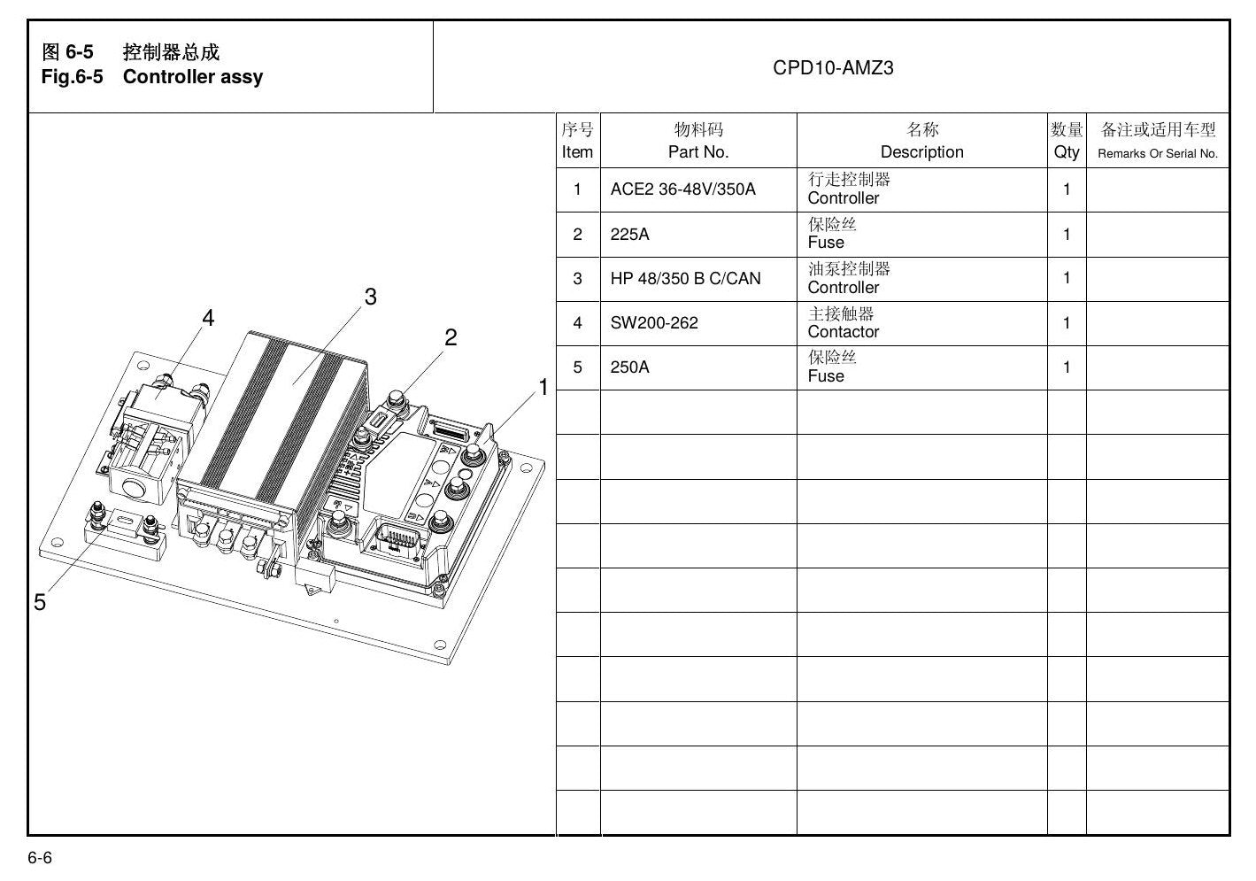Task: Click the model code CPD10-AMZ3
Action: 833,68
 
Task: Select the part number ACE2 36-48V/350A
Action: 683,189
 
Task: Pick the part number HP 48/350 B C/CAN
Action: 685,278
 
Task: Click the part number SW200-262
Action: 654,322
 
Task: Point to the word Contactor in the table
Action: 843,332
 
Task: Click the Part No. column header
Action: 698,152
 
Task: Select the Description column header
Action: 921,152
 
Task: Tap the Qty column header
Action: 1067,152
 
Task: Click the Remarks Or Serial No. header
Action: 1158,154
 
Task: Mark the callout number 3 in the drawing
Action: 371,297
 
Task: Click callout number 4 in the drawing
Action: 208,318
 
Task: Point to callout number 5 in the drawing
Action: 40,602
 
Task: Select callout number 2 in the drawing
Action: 451,337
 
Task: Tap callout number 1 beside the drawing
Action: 543,387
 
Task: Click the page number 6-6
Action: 40,857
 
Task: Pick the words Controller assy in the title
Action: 193,77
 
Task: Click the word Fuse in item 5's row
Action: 825,375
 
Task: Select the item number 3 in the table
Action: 577,279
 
